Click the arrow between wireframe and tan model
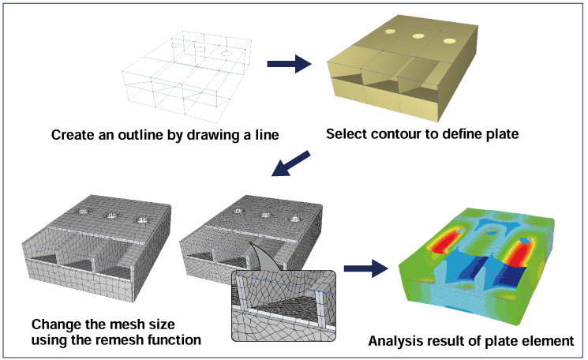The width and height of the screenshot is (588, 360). [x=289, y=64]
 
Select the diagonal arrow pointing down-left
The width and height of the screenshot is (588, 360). [x=291, y=163]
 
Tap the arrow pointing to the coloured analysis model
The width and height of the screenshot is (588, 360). [x=365, y=268]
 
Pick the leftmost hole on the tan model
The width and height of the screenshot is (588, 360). [x=390, y=32]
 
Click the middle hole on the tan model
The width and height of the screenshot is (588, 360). [x=418, y=36]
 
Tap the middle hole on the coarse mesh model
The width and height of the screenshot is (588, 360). [x=111, y=216]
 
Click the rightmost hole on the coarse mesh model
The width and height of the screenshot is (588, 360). [x=141, y=220]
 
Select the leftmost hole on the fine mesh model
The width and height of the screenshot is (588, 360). [x=238, y=211]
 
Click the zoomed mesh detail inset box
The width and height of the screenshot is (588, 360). [x=284, y=306]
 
